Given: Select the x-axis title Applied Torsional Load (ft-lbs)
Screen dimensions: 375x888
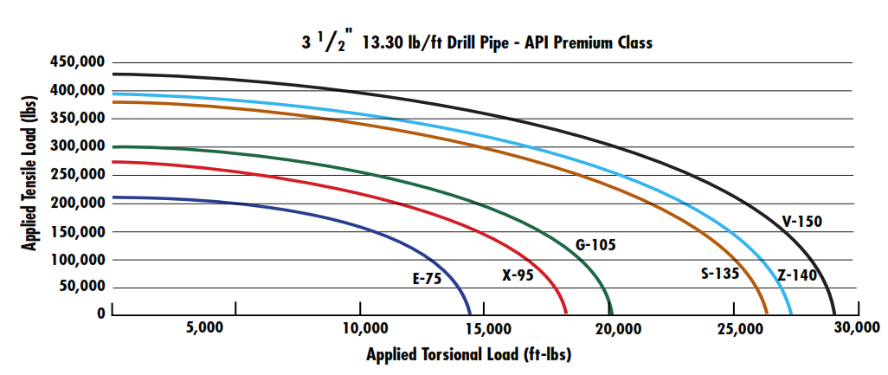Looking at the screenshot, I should point(468,355).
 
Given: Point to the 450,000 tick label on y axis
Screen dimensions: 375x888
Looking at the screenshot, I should point(73,62).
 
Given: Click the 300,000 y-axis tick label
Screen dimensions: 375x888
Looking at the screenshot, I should point(73,146).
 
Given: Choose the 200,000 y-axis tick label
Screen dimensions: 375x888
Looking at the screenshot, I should point(73,203).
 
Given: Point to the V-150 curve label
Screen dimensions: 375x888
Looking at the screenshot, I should point(801,222).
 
